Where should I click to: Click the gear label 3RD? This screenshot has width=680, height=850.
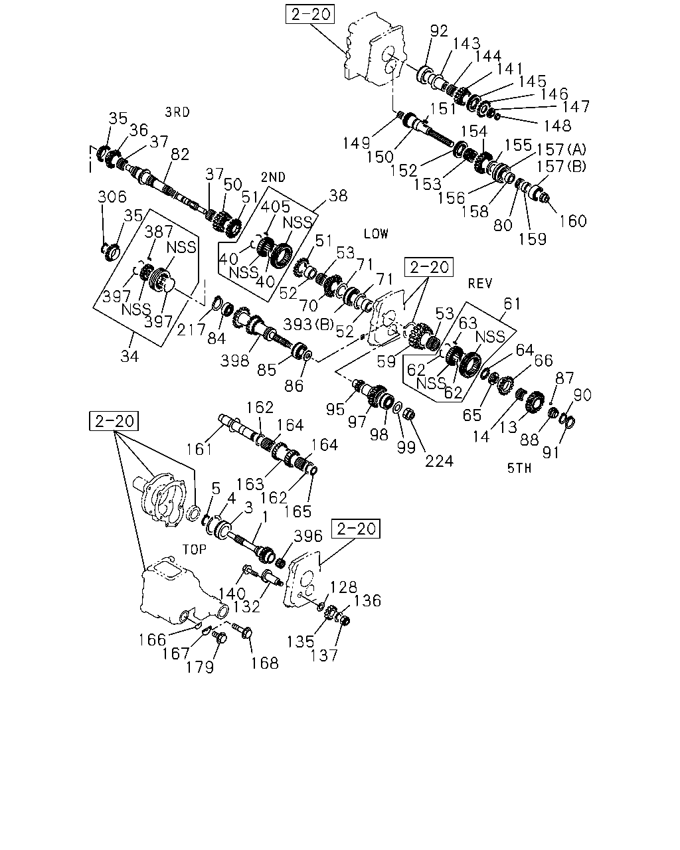click(x=177, y=113)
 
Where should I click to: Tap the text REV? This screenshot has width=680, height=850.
click(x=480, y=283)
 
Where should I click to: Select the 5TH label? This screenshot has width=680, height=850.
click(x=519, y=468)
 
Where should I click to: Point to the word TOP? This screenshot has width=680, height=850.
click(x=194, y=549)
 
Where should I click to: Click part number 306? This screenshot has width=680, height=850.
click(x=112, y=197)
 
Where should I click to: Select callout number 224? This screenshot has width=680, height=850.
click(x=439, y=462)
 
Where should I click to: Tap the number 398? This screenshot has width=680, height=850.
click(x=234, y=361)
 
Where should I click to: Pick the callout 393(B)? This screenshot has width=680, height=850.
click(x=308, y=324)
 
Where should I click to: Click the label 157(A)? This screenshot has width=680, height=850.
click(x=561, y=149)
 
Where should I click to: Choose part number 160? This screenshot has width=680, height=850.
click(x=572, y=221)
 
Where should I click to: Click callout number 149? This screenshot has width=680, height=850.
click(x=356, y=143)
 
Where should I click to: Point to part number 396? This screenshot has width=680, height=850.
click(x=308, y=536)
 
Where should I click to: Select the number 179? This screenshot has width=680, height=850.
click(x=200, y=667)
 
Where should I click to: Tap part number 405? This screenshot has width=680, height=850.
click(x=276, y=207)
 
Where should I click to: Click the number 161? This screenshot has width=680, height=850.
click(x=199, y=450)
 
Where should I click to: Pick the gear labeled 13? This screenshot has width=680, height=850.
click(x=535, y=402)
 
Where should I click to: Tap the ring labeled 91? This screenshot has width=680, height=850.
click(x=570, y=422)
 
